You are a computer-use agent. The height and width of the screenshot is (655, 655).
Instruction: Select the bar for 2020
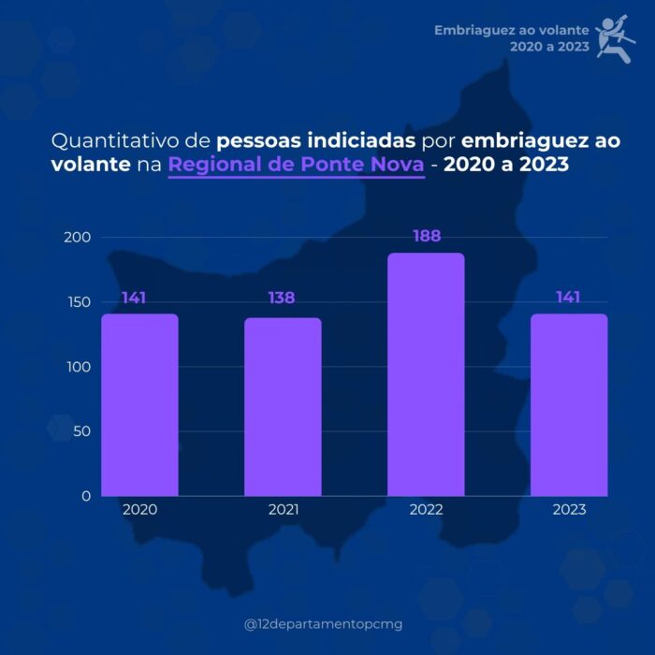(139, 404)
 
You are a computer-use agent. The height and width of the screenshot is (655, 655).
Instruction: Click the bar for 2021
(283, 406)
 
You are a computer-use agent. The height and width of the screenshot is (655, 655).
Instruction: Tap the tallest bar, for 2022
(426, 374)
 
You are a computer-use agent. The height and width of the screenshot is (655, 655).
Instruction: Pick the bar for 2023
(569, 404)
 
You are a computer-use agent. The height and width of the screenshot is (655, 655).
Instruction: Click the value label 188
(427, 237)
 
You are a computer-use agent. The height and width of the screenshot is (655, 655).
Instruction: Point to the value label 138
(282, 298)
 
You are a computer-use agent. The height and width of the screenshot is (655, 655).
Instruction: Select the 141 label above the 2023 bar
(567, 298)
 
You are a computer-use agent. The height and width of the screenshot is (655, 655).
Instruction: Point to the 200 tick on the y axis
(78, 238)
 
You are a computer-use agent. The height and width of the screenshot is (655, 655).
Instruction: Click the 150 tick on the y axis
(78, 302)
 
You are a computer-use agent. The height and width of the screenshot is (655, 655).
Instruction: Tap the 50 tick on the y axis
(81, 431)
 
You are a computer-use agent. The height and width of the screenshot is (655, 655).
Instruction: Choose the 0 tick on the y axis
(86, 496)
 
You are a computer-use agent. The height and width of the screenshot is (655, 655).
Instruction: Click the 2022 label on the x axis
(426, 510)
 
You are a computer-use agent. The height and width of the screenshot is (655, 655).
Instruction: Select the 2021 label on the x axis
(283, 510)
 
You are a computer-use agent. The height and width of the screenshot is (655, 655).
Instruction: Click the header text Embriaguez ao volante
(511, 31)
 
